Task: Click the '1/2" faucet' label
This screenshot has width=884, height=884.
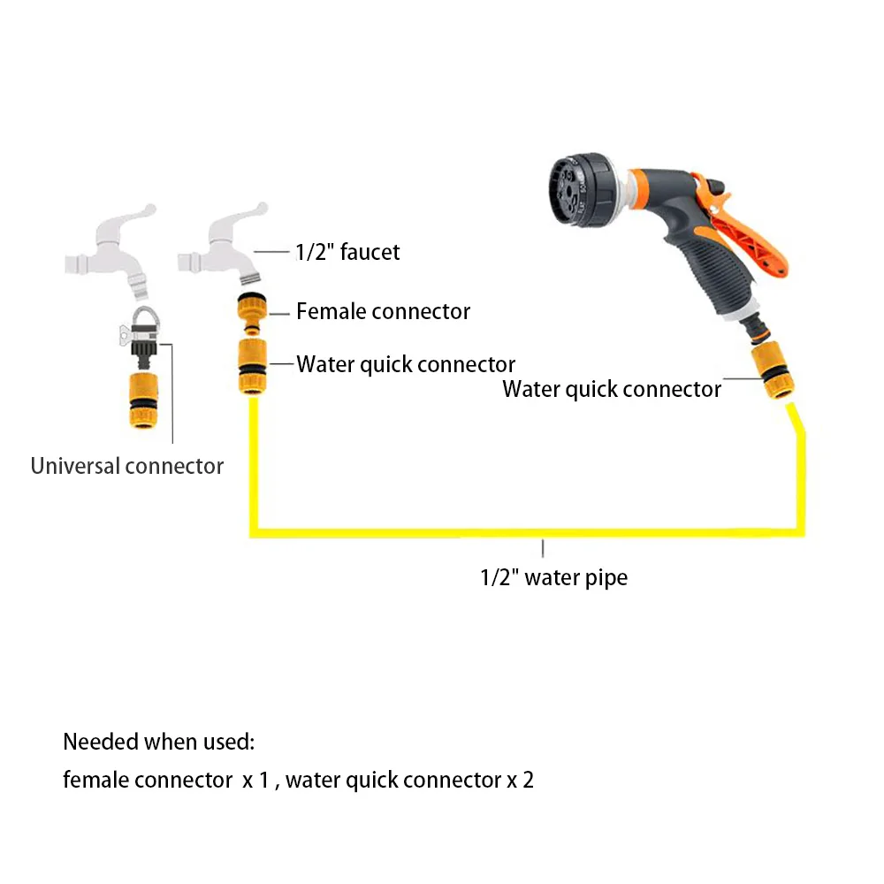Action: (347, 252)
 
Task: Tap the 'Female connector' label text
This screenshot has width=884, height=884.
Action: (383, 311)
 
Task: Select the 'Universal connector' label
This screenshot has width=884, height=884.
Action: (126, 466)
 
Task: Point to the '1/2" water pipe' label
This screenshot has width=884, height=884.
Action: (553, 578)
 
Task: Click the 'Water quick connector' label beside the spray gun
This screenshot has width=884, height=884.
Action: (612, 389)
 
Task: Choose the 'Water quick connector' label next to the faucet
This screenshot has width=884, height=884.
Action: (406, 364)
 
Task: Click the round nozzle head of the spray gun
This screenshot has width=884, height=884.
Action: (574, 185)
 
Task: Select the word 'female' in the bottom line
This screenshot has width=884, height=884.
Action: (96, 781)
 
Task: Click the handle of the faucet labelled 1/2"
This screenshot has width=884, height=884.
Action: (239, 217)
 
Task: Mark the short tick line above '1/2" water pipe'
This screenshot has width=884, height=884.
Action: (543, 548)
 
